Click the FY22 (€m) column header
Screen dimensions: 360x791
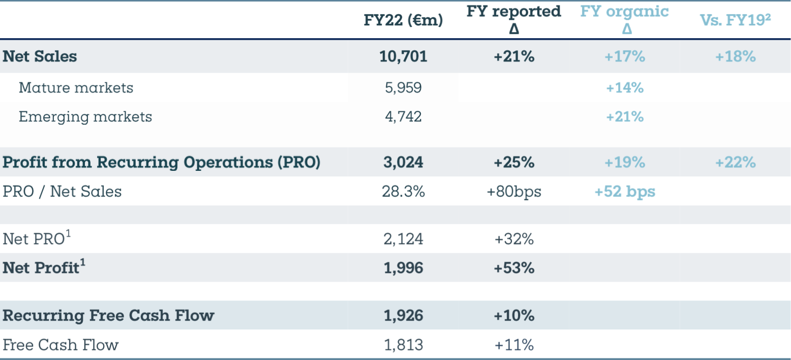[403, 20]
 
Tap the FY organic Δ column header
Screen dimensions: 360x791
[625, 20]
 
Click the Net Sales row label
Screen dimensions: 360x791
[40, 56]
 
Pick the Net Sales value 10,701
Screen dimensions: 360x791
[403, 56]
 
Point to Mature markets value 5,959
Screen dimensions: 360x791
[403, 87]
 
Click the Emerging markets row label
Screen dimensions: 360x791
[85, 116]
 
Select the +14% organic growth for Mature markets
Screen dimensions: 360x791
[625, 87]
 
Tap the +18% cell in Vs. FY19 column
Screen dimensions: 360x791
[735, 56]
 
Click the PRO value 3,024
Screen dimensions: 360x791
[403, 162]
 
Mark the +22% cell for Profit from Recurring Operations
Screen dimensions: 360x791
[735, 162]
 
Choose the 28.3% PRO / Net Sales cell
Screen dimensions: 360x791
[403, 191]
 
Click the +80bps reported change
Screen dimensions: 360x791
[514, 191]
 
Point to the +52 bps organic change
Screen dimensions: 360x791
[625, 191]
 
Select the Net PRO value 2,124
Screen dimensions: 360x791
[403, 238]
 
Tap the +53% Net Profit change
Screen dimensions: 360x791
[514, 267]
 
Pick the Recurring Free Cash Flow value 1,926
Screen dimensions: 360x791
[403, 315]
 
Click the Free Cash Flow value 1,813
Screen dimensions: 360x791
[403, 345]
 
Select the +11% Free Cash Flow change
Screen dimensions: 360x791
[514, 345]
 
